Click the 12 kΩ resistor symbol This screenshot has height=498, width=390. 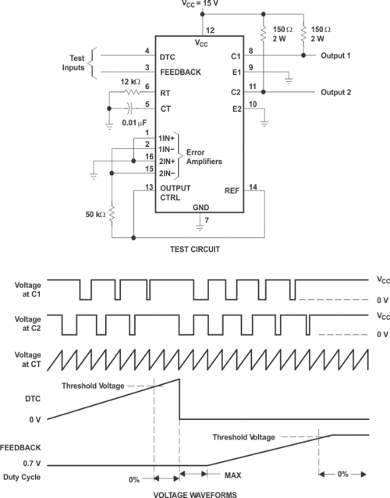click(133, 92)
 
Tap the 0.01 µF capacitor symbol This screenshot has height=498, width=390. click(131, 108)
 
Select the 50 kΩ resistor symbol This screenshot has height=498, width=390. click(112, 214)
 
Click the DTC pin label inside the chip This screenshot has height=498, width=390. click(167, 57)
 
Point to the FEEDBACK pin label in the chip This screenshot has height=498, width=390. click(180, 73)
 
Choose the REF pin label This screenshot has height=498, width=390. click(232, 191)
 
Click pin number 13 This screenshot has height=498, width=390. click(149, 187)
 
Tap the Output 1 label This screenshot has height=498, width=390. click(335, 55)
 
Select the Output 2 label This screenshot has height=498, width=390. click(335, 92)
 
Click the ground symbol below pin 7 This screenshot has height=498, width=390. click(200, 227)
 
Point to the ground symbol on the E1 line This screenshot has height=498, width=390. click(289, 80)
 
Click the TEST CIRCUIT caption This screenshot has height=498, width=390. click(195, 249)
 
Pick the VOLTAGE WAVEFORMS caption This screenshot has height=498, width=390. click(195, 495)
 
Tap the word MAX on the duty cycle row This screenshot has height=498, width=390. click(232, 475)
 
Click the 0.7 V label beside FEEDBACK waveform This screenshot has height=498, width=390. click(32, 464)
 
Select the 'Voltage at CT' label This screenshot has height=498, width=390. click(27, 359)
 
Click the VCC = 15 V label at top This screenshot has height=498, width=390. click(200, 3)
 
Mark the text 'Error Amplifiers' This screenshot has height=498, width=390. click(204, 157)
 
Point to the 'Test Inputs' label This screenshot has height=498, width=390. click(73, 63)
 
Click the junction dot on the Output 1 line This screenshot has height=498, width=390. click(303, 55)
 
